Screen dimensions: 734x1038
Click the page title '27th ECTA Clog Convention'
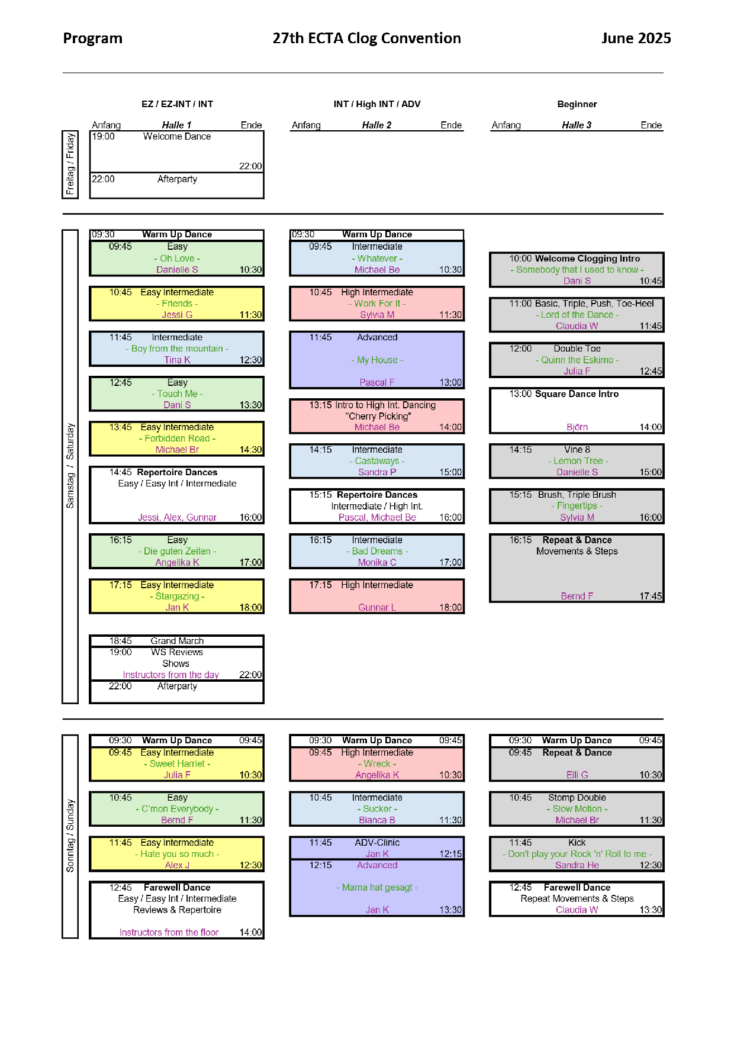click(366, 38)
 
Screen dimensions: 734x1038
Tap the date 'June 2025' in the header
click(636, 38)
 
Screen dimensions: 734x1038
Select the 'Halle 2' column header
click(376, 125)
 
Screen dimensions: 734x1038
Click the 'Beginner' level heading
click(577, 104)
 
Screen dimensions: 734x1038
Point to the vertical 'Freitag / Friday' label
click(70, 164)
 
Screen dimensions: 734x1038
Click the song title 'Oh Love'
click(177, 259)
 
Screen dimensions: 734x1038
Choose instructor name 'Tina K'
click(177, 360)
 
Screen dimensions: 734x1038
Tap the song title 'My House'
click(377, 360)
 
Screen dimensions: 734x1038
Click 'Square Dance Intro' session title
click(577, 394)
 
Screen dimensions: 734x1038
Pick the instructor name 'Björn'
click(577, 427)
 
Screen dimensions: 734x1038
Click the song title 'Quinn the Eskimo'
click(577, 360)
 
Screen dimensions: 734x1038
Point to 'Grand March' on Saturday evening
click(177, 641)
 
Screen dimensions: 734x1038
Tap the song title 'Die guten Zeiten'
click(177, 552)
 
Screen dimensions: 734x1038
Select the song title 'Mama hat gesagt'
click(377, 888)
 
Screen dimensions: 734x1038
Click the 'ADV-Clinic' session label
click(377, 843)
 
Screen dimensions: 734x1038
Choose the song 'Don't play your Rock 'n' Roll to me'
click(577, 854)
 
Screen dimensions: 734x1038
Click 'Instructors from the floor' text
click(169, 933)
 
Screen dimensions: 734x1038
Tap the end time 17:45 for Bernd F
click(651, 597)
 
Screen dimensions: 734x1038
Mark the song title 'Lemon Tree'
click(578, 461)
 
